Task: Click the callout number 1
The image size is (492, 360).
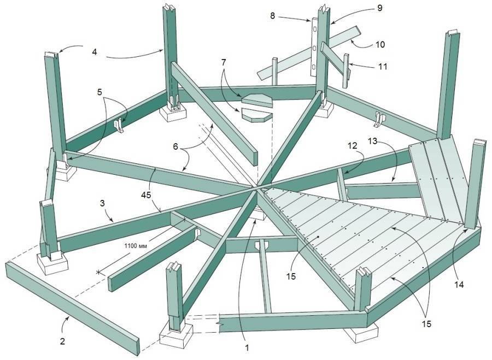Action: (247, 347)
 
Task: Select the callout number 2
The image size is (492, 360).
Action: (62, 341)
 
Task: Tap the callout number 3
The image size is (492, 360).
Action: (102, 203)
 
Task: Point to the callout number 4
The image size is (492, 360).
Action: (95, 52)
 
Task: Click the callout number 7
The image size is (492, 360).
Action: (223, 62)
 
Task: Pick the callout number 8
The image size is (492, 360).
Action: (272, 16)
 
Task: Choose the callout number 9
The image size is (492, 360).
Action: (380, 8)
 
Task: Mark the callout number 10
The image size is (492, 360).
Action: (380, 45)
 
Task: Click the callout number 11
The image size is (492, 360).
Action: (383, 67)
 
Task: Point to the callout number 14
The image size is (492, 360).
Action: (458, 285)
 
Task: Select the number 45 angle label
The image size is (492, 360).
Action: (146, 194)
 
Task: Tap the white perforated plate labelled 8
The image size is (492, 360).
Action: (315, 47)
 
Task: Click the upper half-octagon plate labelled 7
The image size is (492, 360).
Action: (257, 101)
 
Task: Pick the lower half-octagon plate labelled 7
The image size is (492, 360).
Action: (256, 115)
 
